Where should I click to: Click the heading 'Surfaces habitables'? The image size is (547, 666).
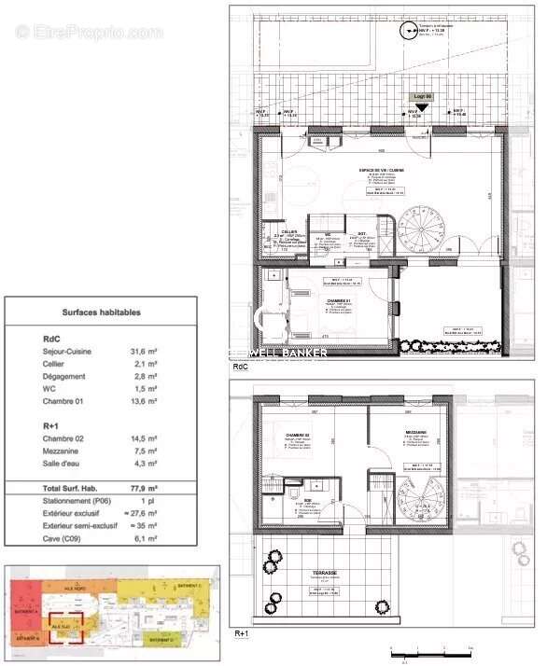pos(101,312)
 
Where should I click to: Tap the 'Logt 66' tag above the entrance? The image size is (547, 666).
pos(422,97)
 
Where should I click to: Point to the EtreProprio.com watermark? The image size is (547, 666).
pos(89,32)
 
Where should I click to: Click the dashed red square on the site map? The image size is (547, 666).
pos(68,623)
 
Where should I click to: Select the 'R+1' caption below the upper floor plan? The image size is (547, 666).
pos(241,633)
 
